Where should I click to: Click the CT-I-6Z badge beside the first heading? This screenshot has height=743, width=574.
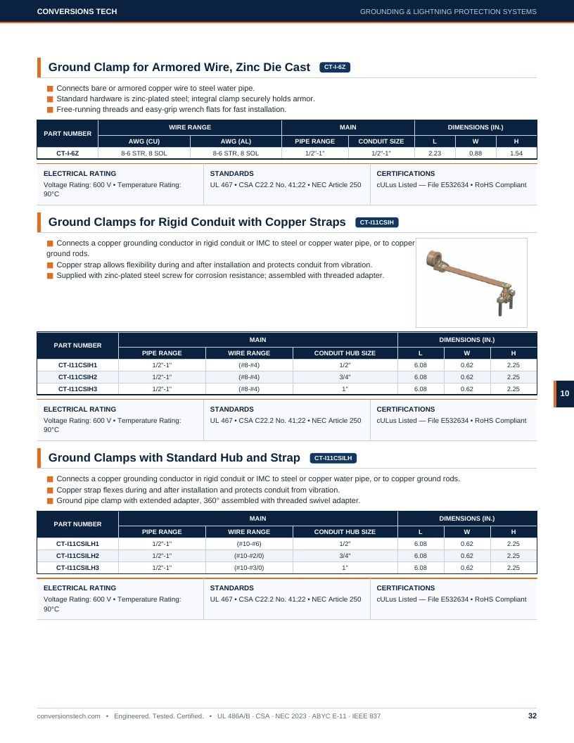[335, 68]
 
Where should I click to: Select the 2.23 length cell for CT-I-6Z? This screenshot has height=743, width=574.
[434, 153]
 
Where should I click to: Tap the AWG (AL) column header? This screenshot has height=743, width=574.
[236, 141]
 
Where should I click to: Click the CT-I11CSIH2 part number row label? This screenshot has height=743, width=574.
[77, 377]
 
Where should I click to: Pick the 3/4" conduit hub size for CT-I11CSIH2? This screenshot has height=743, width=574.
[345, 377]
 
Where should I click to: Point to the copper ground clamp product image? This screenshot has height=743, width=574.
[471, 283]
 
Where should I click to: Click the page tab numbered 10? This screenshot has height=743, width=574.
[564, 394]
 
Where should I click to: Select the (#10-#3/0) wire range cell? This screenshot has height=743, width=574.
[249, 568]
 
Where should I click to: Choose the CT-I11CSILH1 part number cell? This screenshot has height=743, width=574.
[77, 544]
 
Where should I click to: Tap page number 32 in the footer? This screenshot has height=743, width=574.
[532, 716]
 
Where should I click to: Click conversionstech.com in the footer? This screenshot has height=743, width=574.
[69, 716]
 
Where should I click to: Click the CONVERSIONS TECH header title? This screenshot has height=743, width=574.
[77, 11]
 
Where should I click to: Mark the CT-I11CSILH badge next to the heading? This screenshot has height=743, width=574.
[333, 458]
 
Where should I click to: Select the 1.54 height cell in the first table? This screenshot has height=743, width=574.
[516, 153]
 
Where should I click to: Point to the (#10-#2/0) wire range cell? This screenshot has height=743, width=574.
[249, 556]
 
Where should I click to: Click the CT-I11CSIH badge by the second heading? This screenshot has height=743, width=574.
[376, 222]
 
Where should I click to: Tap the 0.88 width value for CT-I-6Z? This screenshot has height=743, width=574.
[476, 153]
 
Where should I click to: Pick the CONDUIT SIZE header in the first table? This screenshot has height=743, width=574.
[381, 141]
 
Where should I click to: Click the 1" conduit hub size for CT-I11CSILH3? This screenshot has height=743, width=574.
[345, 568]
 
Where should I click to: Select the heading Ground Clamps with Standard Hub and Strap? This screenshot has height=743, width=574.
[174, 458]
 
